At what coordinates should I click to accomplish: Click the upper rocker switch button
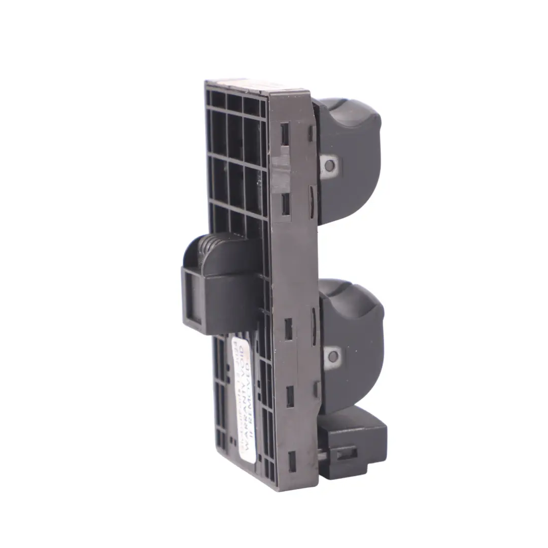[350, 162]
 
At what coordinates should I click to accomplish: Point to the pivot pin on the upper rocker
[330, 165]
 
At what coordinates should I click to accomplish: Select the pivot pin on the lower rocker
[333, 356]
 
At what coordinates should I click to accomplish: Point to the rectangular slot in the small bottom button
[347, 453]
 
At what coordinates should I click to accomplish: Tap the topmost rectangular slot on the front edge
[285, 133]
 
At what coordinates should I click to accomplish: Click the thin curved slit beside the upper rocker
[312, 195]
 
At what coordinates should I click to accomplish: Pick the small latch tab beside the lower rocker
[316, 388]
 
